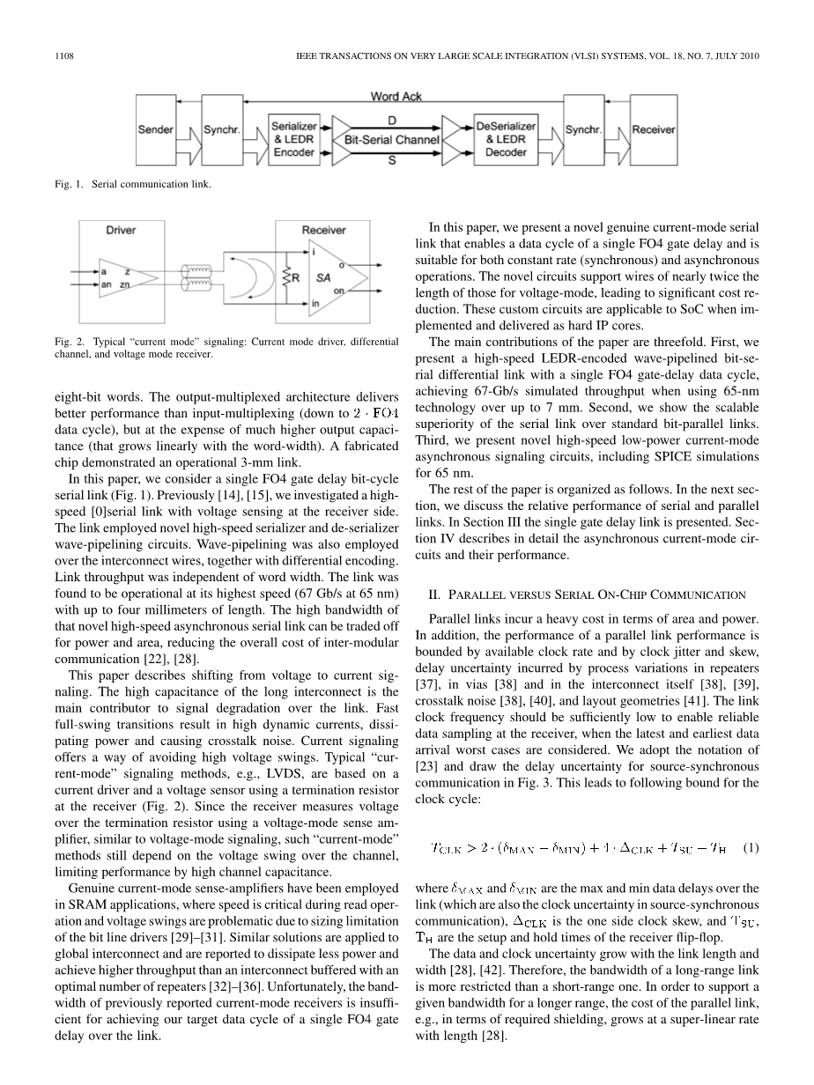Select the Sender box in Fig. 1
pyautogui.click(x=156, y=130)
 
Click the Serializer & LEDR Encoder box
pyautogui.click(x=293, y=140)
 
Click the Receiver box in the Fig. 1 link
pyautogui.click(x=653, y=130)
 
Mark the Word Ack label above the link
pyautogui.click(x=396, y=96)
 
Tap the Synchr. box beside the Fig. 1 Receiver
pyautogui.click(x=583, y=130)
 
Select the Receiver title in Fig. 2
pyautogui.click(x=324, y=231)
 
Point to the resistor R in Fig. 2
pyautogui.click(x=287, y=278)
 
